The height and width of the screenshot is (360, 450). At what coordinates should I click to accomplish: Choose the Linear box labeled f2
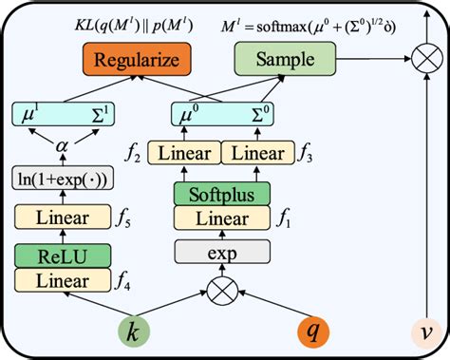click(x=183, y=151)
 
